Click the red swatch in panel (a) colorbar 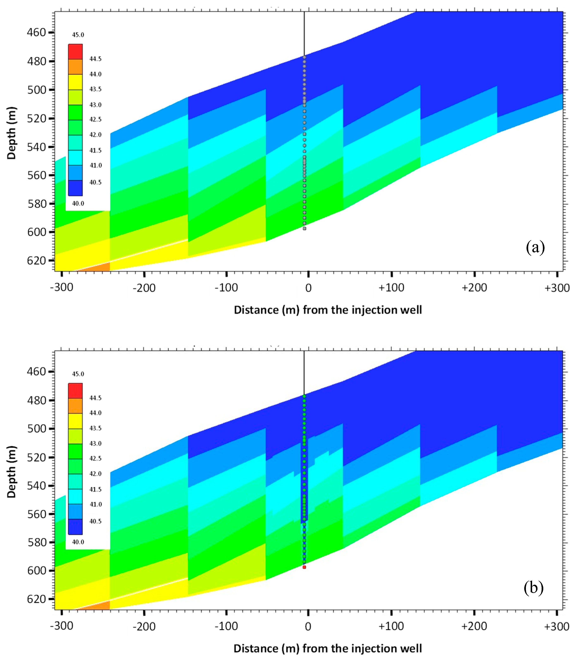coord(75,52)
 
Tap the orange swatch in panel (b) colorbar coord(75,406)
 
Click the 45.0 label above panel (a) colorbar coord(78,35)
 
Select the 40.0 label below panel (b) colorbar coord(78,542)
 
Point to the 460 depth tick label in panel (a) coord(36,32)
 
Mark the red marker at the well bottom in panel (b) coord(304,567)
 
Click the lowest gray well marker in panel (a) coord(304,229)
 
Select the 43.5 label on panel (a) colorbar coord(95,89)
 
